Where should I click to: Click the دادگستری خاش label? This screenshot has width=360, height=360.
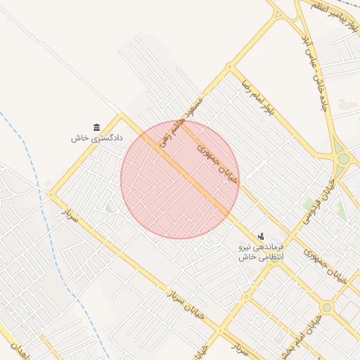97,139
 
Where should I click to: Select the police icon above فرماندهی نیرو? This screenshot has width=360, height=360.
262,236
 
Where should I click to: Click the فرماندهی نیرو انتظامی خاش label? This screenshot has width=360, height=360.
261,252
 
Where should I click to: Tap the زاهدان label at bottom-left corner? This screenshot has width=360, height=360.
13,347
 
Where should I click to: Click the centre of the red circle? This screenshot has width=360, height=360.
180,179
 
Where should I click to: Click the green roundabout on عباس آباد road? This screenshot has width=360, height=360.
343,159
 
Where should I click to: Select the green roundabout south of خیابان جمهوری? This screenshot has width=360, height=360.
326,307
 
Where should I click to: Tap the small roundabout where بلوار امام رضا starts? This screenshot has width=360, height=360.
229,67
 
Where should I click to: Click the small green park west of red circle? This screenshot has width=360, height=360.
110,208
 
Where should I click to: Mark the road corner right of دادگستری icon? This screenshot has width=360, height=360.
120,113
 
